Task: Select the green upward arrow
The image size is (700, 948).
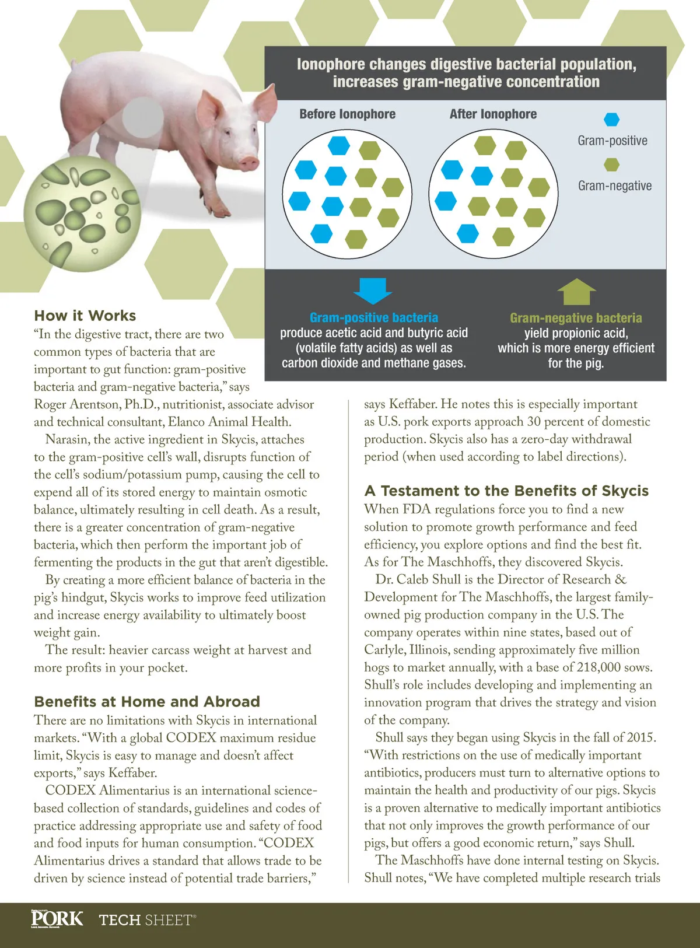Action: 576,292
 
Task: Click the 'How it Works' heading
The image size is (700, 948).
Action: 85,316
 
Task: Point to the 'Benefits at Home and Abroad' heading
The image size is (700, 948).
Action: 147,701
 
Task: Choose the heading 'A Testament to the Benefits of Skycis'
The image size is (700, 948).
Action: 506,491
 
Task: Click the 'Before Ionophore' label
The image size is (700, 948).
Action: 347,114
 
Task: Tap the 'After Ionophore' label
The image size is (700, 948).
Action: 493,114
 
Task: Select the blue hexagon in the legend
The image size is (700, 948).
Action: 611,120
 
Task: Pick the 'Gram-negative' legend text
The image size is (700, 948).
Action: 615,186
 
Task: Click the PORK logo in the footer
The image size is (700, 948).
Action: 57,919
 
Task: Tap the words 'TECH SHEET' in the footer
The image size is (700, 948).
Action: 146,920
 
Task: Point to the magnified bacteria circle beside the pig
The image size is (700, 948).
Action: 82,214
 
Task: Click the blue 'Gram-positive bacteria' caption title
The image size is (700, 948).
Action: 374,318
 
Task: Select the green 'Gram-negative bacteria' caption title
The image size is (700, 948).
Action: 576,318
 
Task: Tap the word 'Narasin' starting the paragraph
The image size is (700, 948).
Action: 67,439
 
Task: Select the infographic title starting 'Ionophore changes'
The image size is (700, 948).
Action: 466,73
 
